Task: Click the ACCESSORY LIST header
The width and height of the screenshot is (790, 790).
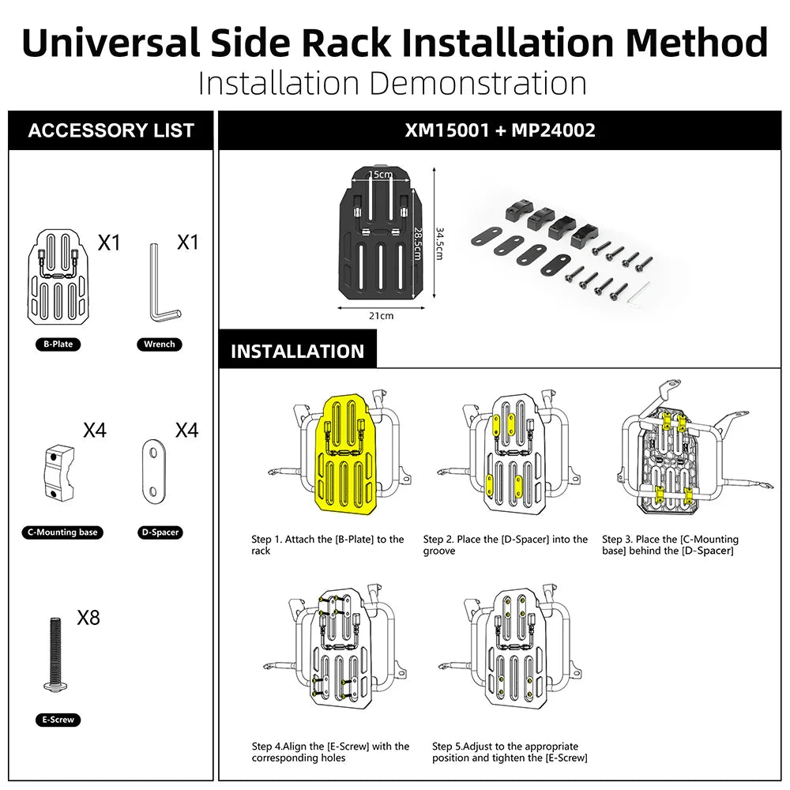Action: pos(111,130)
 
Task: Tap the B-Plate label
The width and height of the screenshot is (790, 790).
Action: pos(58,344)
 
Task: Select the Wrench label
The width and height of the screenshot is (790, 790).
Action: pos(160,344)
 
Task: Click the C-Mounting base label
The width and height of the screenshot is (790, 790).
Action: pos(62,532)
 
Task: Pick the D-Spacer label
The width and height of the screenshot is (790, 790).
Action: pos(160,532)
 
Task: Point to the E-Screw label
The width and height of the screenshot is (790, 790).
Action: pos(58,720)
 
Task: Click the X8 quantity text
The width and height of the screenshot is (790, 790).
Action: pos(88,618)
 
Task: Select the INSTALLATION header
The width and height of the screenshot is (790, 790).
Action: pos(297,352)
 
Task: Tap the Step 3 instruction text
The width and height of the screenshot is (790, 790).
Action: pos(669,544)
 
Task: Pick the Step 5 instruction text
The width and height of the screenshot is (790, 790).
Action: pos(510,752)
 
